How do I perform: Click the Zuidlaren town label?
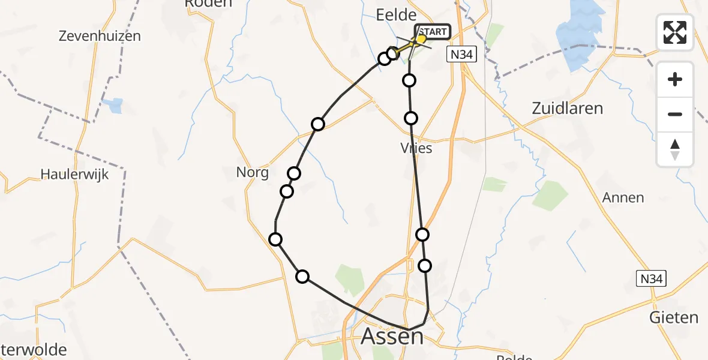tap(567, 109)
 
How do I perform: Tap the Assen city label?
tap(392, 337)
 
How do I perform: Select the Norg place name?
tap(251, 173)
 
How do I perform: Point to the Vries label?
tap(416, 148)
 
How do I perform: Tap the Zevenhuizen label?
tap(100, 36)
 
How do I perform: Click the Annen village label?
tap(623, 197)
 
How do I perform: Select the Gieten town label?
tap(674, 317)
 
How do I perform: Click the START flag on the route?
tap(431, 32)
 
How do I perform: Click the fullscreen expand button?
tap(675, 32)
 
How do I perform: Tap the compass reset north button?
tap(675, 149)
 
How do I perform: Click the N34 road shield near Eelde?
tap(462, 55)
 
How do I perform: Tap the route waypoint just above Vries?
tap(411, 118)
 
